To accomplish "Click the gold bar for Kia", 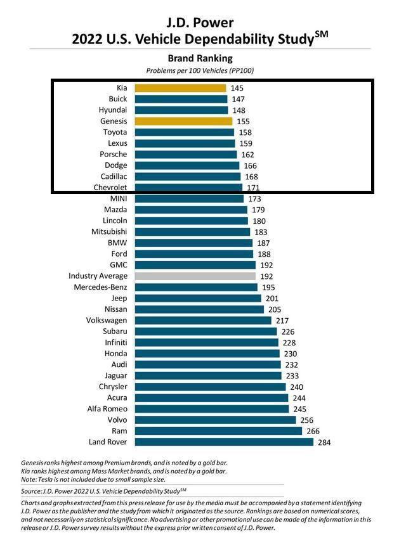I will click(180, 88).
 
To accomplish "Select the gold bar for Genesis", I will click(185, 121).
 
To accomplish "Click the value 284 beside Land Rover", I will click(325, 442).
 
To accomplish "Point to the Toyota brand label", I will click(115, 132).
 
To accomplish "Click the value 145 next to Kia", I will click(237, 88).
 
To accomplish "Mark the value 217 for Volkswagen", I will click(283, 321).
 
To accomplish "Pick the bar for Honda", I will click(207, 354).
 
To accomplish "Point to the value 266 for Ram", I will click(313, 431).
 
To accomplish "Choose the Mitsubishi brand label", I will click(109, 232).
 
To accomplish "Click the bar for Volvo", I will click(215, 420).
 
